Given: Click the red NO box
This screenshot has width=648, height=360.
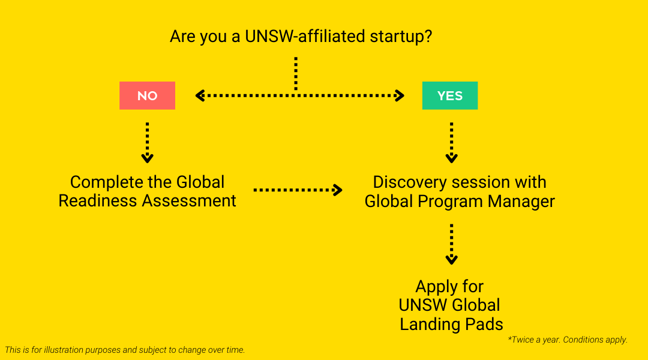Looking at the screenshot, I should tap(147, 96).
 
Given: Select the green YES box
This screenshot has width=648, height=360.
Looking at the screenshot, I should tap(450, 96).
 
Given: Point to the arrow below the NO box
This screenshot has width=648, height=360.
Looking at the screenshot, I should tap(147, 143).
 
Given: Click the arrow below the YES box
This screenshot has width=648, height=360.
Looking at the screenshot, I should tap(451, 143).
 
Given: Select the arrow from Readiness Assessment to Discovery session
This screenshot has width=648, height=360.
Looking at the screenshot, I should tap(298, 190).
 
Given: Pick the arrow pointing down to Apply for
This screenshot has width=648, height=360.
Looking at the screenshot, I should tap(451, 244).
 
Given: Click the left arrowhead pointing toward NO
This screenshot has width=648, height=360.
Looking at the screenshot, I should tap(200, 95).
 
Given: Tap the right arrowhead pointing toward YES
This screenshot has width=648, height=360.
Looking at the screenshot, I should tap(400, 95).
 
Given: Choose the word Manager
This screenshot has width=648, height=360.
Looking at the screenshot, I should tap(521, 201).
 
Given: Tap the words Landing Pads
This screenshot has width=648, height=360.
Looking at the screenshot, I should tap(451, 325).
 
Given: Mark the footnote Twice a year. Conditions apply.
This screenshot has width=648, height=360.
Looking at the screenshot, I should tap(568, 340).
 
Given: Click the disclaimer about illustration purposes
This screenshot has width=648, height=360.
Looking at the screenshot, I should tap(125, 350).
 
